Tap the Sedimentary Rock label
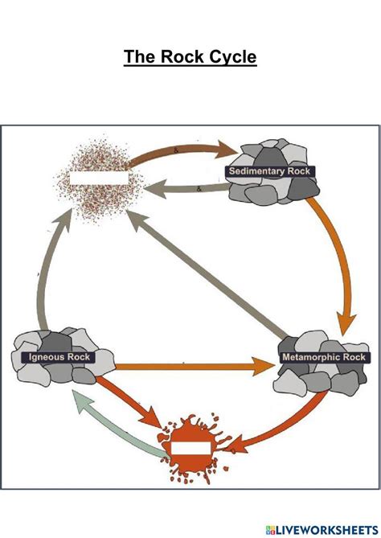pyautogui.click(x=270, y=171)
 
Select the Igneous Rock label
pyautogui.click(x=59, y=357)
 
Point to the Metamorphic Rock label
pyautogui.click(x=324, y=357)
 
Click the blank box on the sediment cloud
pyautogui.click(x=99, y=178)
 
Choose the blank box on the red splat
pyautogui.click(x=190, y=449)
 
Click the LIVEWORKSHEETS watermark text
pyautogui.click(x=327, y=529)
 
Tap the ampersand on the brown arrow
pyautogui.click(x=176, y=150)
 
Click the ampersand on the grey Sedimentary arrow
pyautogui.click(x=199, y=189)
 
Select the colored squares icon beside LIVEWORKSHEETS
pyautogui.click(x=270, y=529)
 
